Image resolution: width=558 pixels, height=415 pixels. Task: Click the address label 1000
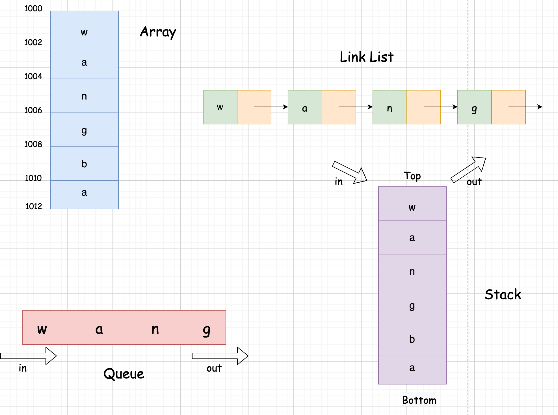coord(33,8)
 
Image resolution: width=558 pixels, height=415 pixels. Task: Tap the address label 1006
coord(33,110)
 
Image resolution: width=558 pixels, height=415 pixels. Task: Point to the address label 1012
coord(34,206)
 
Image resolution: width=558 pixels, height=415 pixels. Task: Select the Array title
coord(158,32)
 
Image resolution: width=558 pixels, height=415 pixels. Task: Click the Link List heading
coord(366,57)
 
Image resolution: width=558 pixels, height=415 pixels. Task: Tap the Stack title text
coord(503,295)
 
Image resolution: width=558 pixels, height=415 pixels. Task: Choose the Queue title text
coord(124,374)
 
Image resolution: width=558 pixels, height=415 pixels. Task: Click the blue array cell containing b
coord(84,164)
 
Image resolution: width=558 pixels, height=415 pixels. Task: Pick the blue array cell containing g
coord(84,130)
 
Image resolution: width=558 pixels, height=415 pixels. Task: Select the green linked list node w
coord(220,107)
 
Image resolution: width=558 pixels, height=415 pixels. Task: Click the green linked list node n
coord(390,107)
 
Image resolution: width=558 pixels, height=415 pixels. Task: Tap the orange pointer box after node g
coord(508,107)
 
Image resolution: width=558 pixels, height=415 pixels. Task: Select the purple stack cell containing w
coord(412,203)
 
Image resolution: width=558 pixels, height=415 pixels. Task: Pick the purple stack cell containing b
coord(412,339)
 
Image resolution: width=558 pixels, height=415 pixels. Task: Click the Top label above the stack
coord(412,176)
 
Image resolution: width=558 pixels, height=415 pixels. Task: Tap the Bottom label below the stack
coord(419,400)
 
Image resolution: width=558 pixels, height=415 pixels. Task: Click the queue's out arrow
coord(220,356)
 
